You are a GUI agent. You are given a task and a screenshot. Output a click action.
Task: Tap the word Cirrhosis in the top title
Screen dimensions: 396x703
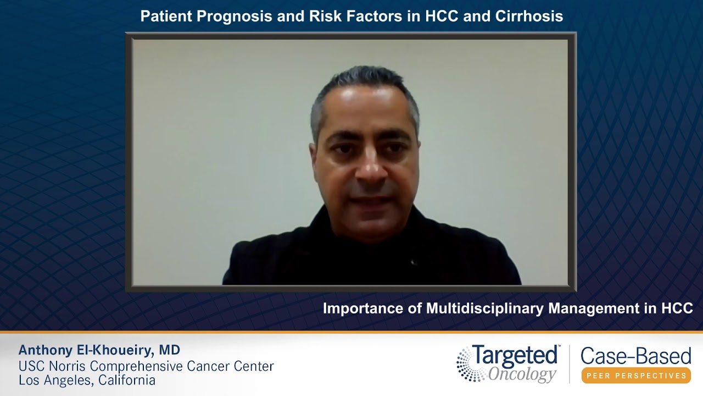[x=529, y=16]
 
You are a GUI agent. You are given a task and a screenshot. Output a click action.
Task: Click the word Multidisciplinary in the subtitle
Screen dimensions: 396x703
[x=486, y=309]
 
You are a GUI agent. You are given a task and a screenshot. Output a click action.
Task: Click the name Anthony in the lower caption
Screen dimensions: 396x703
[x=44, y=350]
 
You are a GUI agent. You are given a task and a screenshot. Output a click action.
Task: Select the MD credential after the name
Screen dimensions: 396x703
[x=170, y=350]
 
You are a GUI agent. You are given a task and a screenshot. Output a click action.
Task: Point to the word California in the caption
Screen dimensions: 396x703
[x=127, y=380]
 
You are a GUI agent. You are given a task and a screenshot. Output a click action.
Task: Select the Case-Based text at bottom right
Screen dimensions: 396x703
[x=635, y=356]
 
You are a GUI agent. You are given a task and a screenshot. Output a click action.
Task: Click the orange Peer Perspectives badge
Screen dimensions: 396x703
[x=636, y=376]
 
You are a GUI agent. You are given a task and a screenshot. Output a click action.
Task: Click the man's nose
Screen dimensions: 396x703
[x=370, y=168]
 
